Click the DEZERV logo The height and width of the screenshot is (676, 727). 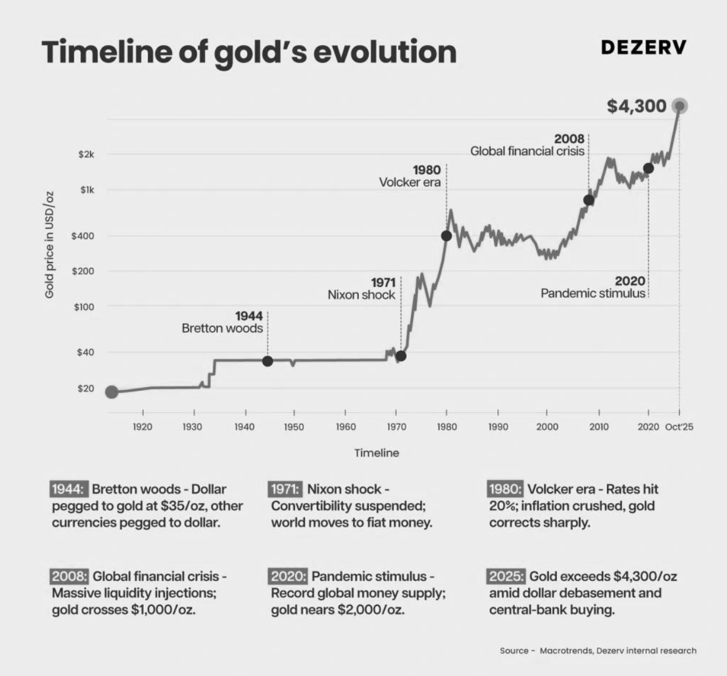(x=643, y=47)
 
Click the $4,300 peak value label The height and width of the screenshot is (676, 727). (x=636, y=106)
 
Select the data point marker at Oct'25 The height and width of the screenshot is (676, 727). (x=679, y=106)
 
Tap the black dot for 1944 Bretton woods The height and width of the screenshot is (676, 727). (x=268, y=361)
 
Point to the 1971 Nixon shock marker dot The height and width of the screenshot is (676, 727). (x=401, y=356)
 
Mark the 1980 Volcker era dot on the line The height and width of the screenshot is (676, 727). (x=446, y=236)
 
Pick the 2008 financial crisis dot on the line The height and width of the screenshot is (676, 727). (x=588, y=200)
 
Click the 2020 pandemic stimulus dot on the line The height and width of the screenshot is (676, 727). (x=648, y=168)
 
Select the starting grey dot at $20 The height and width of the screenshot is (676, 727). (x=112, y=392)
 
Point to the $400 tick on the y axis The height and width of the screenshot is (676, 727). (x=82, y=236)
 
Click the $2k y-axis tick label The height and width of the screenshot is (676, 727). (x=86, y=155)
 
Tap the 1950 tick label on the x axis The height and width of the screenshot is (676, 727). (x=294, y=427)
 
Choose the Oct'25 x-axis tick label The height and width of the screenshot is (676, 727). (x=679, y=427)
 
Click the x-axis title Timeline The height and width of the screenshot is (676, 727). (x=376, y=453)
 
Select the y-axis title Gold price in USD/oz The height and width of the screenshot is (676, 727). (x=50, y=244)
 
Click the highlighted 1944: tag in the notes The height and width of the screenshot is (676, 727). (x=70, y=489)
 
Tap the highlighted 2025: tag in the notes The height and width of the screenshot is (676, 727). (x=506, y=576)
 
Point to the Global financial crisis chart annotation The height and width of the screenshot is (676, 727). (x=527, y=151)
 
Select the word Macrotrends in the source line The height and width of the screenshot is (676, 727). (x=566, y=650)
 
